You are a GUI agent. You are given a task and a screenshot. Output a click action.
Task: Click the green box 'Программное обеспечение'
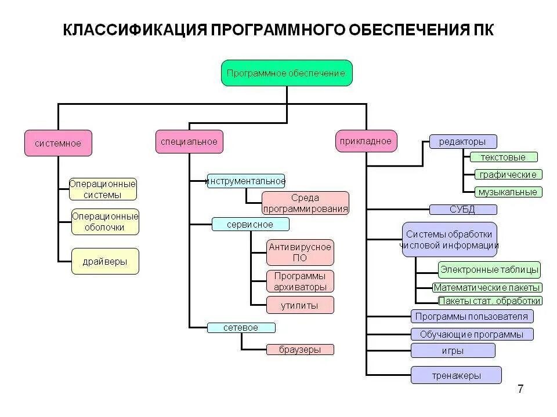pos(287,73)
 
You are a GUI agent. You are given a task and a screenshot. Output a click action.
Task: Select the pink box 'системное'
pos(58,143)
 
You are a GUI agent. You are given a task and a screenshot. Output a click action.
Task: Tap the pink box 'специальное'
pos(189,141)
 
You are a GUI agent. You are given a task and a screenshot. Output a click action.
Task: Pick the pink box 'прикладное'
pos(367,141)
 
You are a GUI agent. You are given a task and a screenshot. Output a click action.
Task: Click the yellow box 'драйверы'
pos(105,261)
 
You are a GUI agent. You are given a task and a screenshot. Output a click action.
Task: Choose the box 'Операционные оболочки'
pos(105,222)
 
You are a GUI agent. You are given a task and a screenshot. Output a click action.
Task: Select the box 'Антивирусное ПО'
pos(300,253)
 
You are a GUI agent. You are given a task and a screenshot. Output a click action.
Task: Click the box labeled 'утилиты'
pos(300,305)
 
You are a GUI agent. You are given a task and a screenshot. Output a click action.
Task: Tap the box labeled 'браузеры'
pos(300,349)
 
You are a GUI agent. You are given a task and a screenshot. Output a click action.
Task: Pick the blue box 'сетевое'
pos(241,328)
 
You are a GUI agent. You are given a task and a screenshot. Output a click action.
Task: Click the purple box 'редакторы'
pos(463,141)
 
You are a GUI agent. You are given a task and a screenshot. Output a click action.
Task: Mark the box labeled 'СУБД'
pos(463,209)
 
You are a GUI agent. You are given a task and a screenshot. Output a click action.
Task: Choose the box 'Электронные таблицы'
pos(489,269)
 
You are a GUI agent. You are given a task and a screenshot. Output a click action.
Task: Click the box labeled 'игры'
pos(453,350)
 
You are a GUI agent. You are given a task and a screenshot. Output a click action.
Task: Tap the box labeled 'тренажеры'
pos(456,375)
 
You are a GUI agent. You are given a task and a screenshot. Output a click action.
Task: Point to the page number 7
pos(520,389)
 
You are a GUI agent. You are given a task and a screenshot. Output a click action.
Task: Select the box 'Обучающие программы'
pos(472,334)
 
